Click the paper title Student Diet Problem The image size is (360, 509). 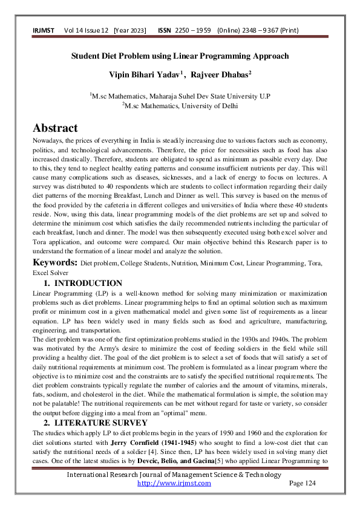[x=180, y=56]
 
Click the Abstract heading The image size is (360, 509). [x=55, y=128]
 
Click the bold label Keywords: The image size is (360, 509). [x=54, y=264]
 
